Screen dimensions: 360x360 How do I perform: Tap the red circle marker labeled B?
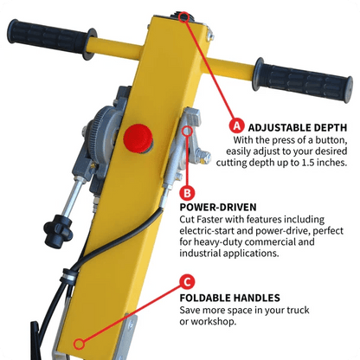[188, 192]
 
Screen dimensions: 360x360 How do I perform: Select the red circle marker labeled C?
[188, 281]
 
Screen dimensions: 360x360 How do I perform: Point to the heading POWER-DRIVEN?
[219, 208]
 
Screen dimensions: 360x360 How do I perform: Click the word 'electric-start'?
[211, 232]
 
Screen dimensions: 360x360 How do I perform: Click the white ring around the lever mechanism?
[190, 132]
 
